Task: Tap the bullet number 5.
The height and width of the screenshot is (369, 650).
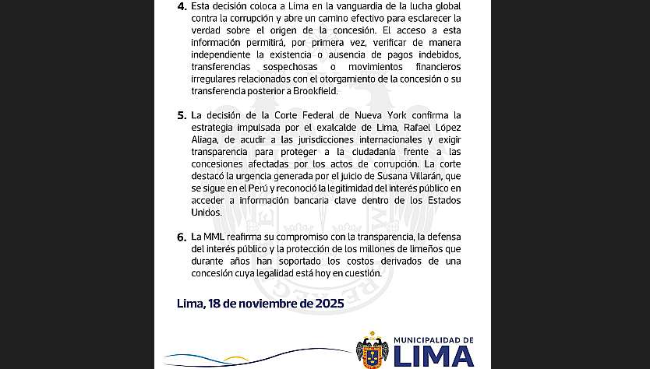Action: click(182, 114)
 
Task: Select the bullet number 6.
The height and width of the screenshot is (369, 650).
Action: click(182, 236)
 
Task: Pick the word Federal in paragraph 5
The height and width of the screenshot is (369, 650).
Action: click(316, 114)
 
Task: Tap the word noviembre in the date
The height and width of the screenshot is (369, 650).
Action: click(253, 303)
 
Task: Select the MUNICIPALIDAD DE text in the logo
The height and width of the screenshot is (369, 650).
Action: click(433, 339)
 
